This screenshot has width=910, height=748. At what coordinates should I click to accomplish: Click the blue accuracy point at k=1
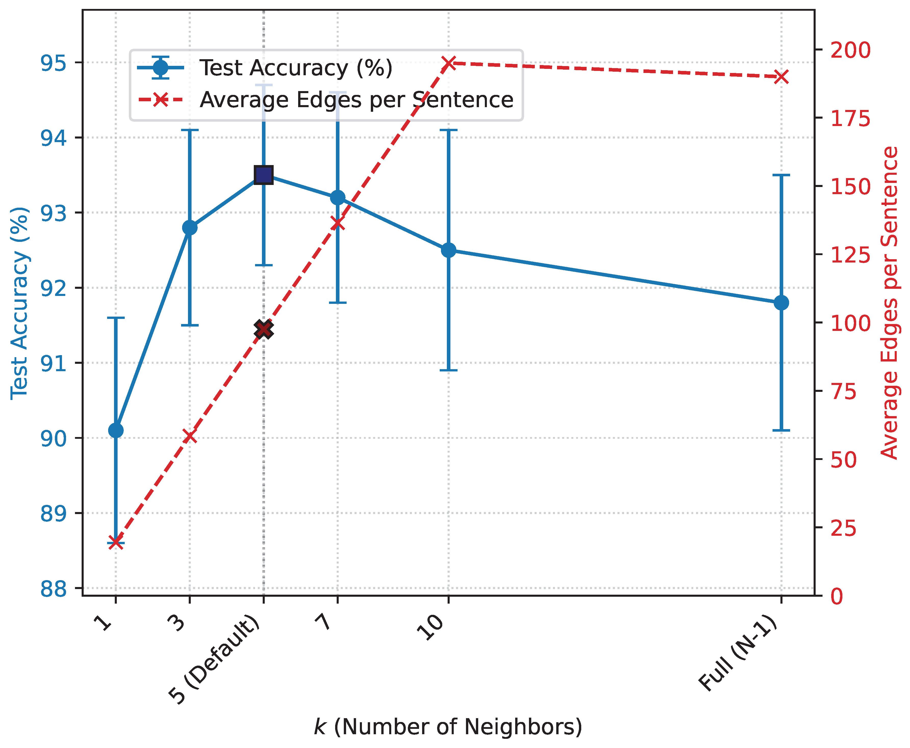click(x=116, y=430)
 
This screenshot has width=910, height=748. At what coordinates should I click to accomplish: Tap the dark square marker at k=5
click(x=263, y=175)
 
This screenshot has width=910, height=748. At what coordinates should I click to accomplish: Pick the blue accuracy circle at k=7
click(x=338, y=198)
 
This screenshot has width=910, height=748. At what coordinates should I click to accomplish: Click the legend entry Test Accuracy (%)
click(x=295, y=68)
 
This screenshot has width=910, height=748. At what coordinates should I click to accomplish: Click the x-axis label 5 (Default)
click(x=215, y=659)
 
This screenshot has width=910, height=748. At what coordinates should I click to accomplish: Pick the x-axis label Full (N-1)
click(x=739, y=653)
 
